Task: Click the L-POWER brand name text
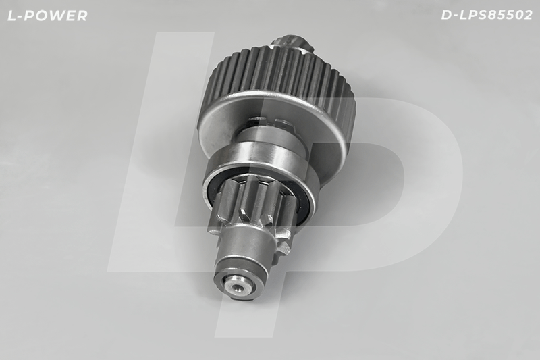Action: pos(47,16)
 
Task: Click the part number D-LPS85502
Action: pos(487,15)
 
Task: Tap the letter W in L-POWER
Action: pos(59,16)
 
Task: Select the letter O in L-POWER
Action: pos(43,16)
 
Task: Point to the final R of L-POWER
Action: pos(82,16)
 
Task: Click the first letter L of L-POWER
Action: pos(11,16)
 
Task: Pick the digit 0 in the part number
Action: pos(518,15)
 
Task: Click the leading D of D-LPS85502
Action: pos(447,15)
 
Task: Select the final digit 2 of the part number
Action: pos(528,15)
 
